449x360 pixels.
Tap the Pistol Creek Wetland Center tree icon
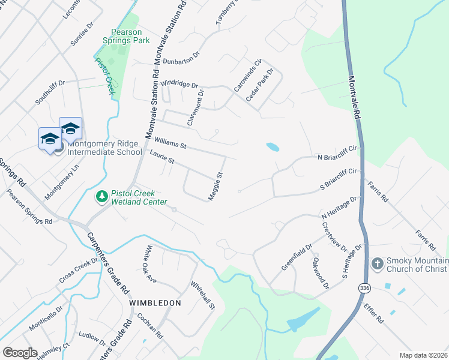pos(102,196)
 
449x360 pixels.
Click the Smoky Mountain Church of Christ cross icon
pos(377,263)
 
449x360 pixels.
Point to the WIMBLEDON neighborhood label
pos(155,303)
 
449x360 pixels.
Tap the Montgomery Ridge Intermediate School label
pos(104,148)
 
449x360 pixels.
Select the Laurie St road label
pos(162,160)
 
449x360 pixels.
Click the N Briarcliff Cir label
pos(337,157)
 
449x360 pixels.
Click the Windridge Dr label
pos(179,84)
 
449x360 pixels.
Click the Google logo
pos(20,352)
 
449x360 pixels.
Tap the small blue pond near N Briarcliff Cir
pos(273,146)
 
